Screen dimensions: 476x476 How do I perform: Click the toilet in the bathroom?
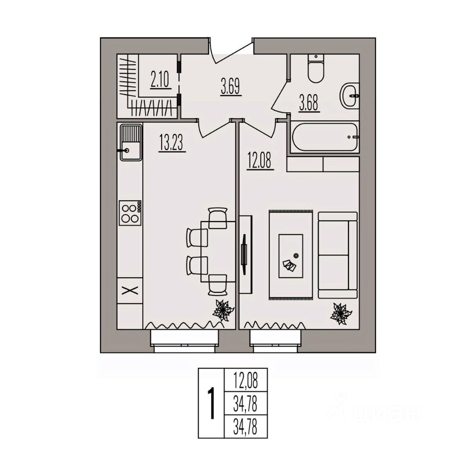pos(316,69)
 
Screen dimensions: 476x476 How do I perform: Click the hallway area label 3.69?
pos(231,90)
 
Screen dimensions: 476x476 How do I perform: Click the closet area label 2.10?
pos(160,79)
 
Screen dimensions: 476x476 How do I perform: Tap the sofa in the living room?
pos(338,255)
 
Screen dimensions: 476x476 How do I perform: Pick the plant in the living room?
pos(341,313)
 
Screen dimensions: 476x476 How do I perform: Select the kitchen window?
pos(184,342)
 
